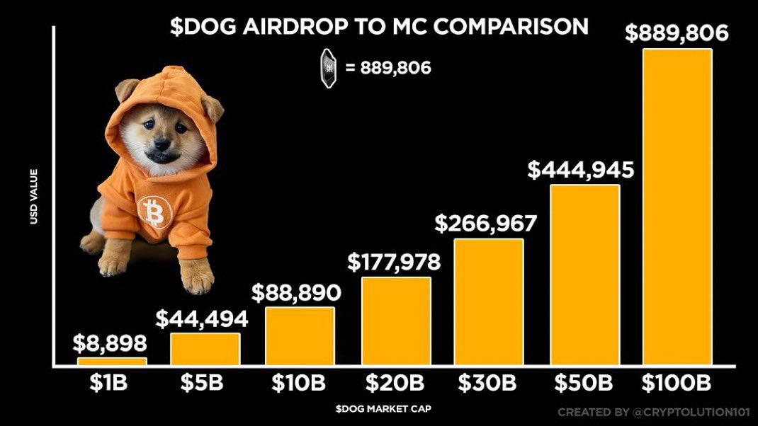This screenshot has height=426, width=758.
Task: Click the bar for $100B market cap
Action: (x=677, y=207)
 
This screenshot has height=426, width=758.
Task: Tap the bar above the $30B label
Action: (x=489, y=302)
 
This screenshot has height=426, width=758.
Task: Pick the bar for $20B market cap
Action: (x=396, y=321)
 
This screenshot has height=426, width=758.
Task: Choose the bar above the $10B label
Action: (x=300, y=336)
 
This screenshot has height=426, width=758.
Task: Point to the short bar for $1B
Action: (x=112, y=362)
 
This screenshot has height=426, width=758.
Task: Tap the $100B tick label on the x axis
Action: (x=677, y=384)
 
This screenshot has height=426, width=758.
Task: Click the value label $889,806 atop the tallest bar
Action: (x=677, y=33)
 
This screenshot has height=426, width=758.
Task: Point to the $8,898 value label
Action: (x=111, y=344)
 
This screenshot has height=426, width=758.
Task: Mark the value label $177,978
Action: (x=394, y=263)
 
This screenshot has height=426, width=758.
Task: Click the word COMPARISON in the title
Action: (x=516, y=27)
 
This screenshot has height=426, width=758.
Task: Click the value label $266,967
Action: (x=486, y=224)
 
